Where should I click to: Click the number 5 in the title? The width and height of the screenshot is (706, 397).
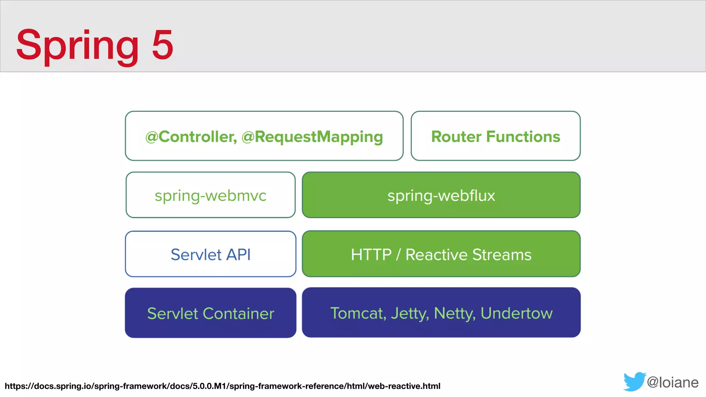[x=162, y=45]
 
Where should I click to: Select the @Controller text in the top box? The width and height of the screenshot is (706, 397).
[x=191, y=136]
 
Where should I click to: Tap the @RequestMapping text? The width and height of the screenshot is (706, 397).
[x=312, y=137]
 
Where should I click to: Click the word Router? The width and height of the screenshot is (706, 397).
[x=456, y=136]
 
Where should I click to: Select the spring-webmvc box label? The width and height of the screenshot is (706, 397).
[x=210, y=196]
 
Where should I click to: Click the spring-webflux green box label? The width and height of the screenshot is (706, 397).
[x=441, y=196]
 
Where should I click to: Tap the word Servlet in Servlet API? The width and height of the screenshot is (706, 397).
[x=196, y=255]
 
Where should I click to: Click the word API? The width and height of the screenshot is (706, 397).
[x=238, y=255]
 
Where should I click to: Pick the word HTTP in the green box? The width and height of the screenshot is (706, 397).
[x=371, y=255]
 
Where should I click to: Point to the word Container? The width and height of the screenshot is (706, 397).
[x=238, y=314]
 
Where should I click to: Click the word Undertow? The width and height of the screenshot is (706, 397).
[x=516, y=313]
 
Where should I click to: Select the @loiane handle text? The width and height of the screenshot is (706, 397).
[x=673, y=383]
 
